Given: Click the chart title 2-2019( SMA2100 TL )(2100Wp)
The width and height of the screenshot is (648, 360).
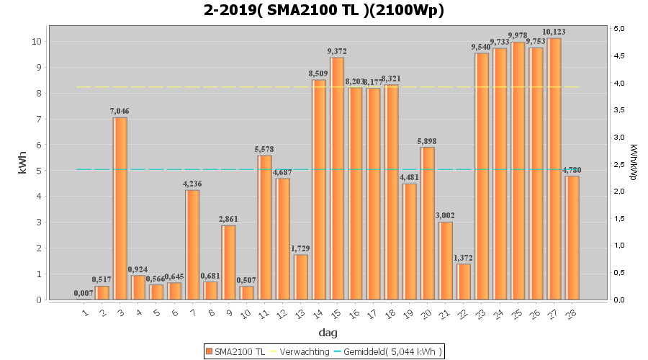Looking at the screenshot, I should (x=323, y=10).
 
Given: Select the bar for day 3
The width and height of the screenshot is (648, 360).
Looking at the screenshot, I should (x=120, y=208).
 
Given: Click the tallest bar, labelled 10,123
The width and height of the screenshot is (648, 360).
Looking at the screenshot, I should (x=554, y=168).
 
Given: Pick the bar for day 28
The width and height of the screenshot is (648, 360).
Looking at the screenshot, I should (x=572, y=238).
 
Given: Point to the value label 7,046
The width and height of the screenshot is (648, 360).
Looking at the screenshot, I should (x=120, y=111).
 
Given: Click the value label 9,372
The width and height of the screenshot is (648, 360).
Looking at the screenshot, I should (x=336, y=51).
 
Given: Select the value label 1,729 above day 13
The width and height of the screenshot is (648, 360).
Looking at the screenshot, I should (x=300, y=248).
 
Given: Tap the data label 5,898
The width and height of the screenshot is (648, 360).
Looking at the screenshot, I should (x=427, y=141).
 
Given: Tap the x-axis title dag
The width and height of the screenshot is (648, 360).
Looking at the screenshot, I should (x=328, y=333).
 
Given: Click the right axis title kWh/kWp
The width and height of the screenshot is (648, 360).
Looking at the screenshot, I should (x=633, y=163).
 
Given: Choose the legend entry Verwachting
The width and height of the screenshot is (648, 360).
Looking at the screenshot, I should (x=300, y=351).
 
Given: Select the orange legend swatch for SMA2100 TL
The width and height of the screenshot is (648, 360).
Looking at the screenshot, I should (x=209, y=351).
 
